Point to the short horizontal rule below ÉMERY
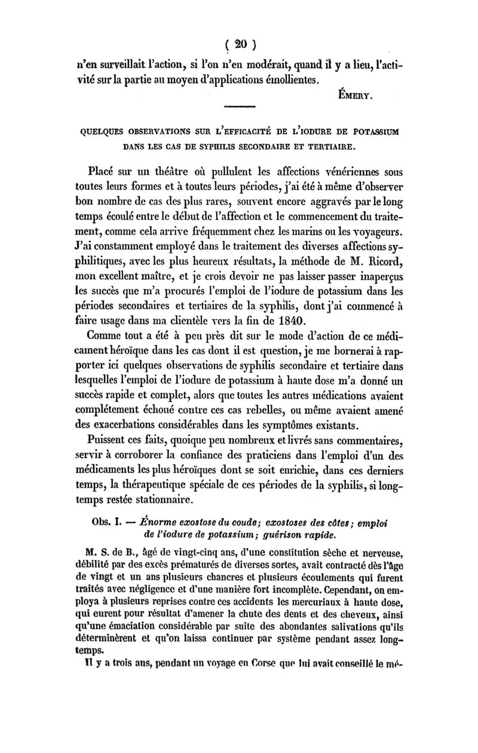coord(239,107)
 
